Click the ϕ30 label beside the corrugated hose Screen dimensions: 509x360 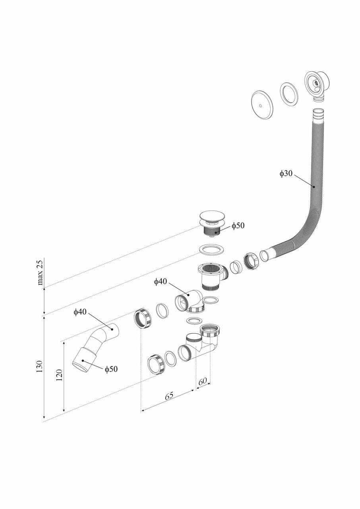click(x=286, y=173)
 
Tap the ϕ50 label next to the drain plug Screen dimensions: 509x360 click(x=238, y=225)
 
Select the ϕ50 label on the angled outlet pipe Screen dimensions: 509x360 click(x=111, y=369)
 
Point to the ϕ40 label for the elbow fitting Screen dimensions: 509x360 click(x=161, y=282)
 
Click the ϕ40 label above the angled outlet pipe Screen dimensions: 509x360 click(x=80, y=312)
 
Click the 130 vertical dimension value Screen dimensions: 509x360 click(x=39, y=366)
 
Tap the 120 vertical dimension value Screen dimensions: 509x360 click(x=59, y=375)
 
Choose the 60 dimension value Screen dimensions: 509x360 click(x=202, y=381)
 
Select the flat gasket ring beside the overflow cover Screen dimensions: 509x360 click(x=288, y=94)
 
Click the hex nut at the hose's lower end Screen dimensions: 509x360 click(x=252, y=260)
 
